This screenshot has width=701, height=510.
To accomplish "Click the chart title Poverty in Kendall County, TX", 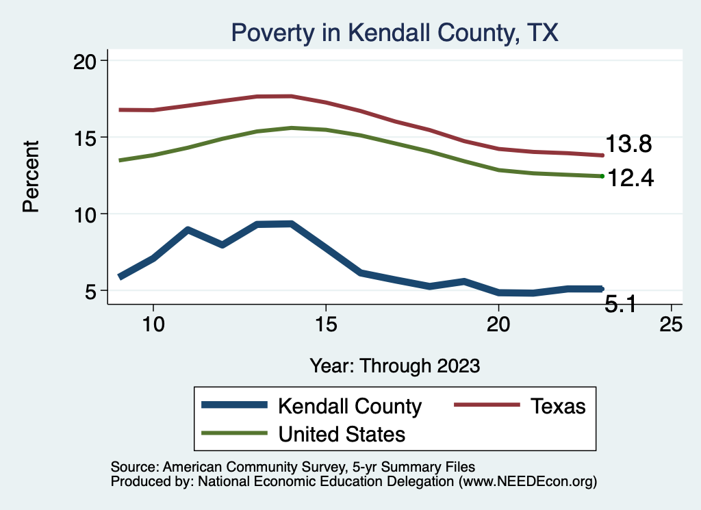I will point(395,32).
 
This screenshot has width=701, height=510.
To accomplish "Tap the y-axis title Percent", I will point(31,176).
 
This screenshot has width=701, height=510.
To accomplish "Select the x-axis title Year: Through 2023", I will point(394,365).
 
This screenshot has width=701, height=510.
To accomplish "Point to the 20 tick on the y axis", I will point(86,61).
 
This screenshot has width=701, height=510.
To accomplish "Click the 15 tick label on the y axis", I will point(86,138).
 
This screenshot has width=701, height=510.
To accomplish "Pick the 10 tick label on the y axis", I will point(86,214).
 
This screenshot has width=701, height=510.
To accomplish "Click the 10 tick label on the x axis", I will point(153,325).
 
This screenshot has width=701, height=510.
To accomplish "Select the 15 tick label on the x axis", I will point(326,325).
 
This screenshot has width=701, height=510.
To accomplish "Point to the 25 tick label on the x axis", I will point(671,325).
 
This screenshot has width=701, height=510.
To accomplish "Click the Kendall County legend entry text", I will point(349,406).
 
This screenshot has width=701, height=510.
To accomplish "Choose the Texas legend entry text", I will point(558,406).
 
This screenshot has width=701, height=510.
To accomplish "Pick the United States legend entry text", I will point(342,434).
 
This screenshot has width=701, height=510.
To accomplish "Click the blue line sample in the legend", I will point(233,405).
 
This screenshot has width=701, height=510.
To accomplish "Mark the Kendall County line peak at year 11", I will point(188,230).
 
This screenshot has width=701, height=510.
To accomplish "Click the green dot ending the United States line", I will point(602,176).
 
